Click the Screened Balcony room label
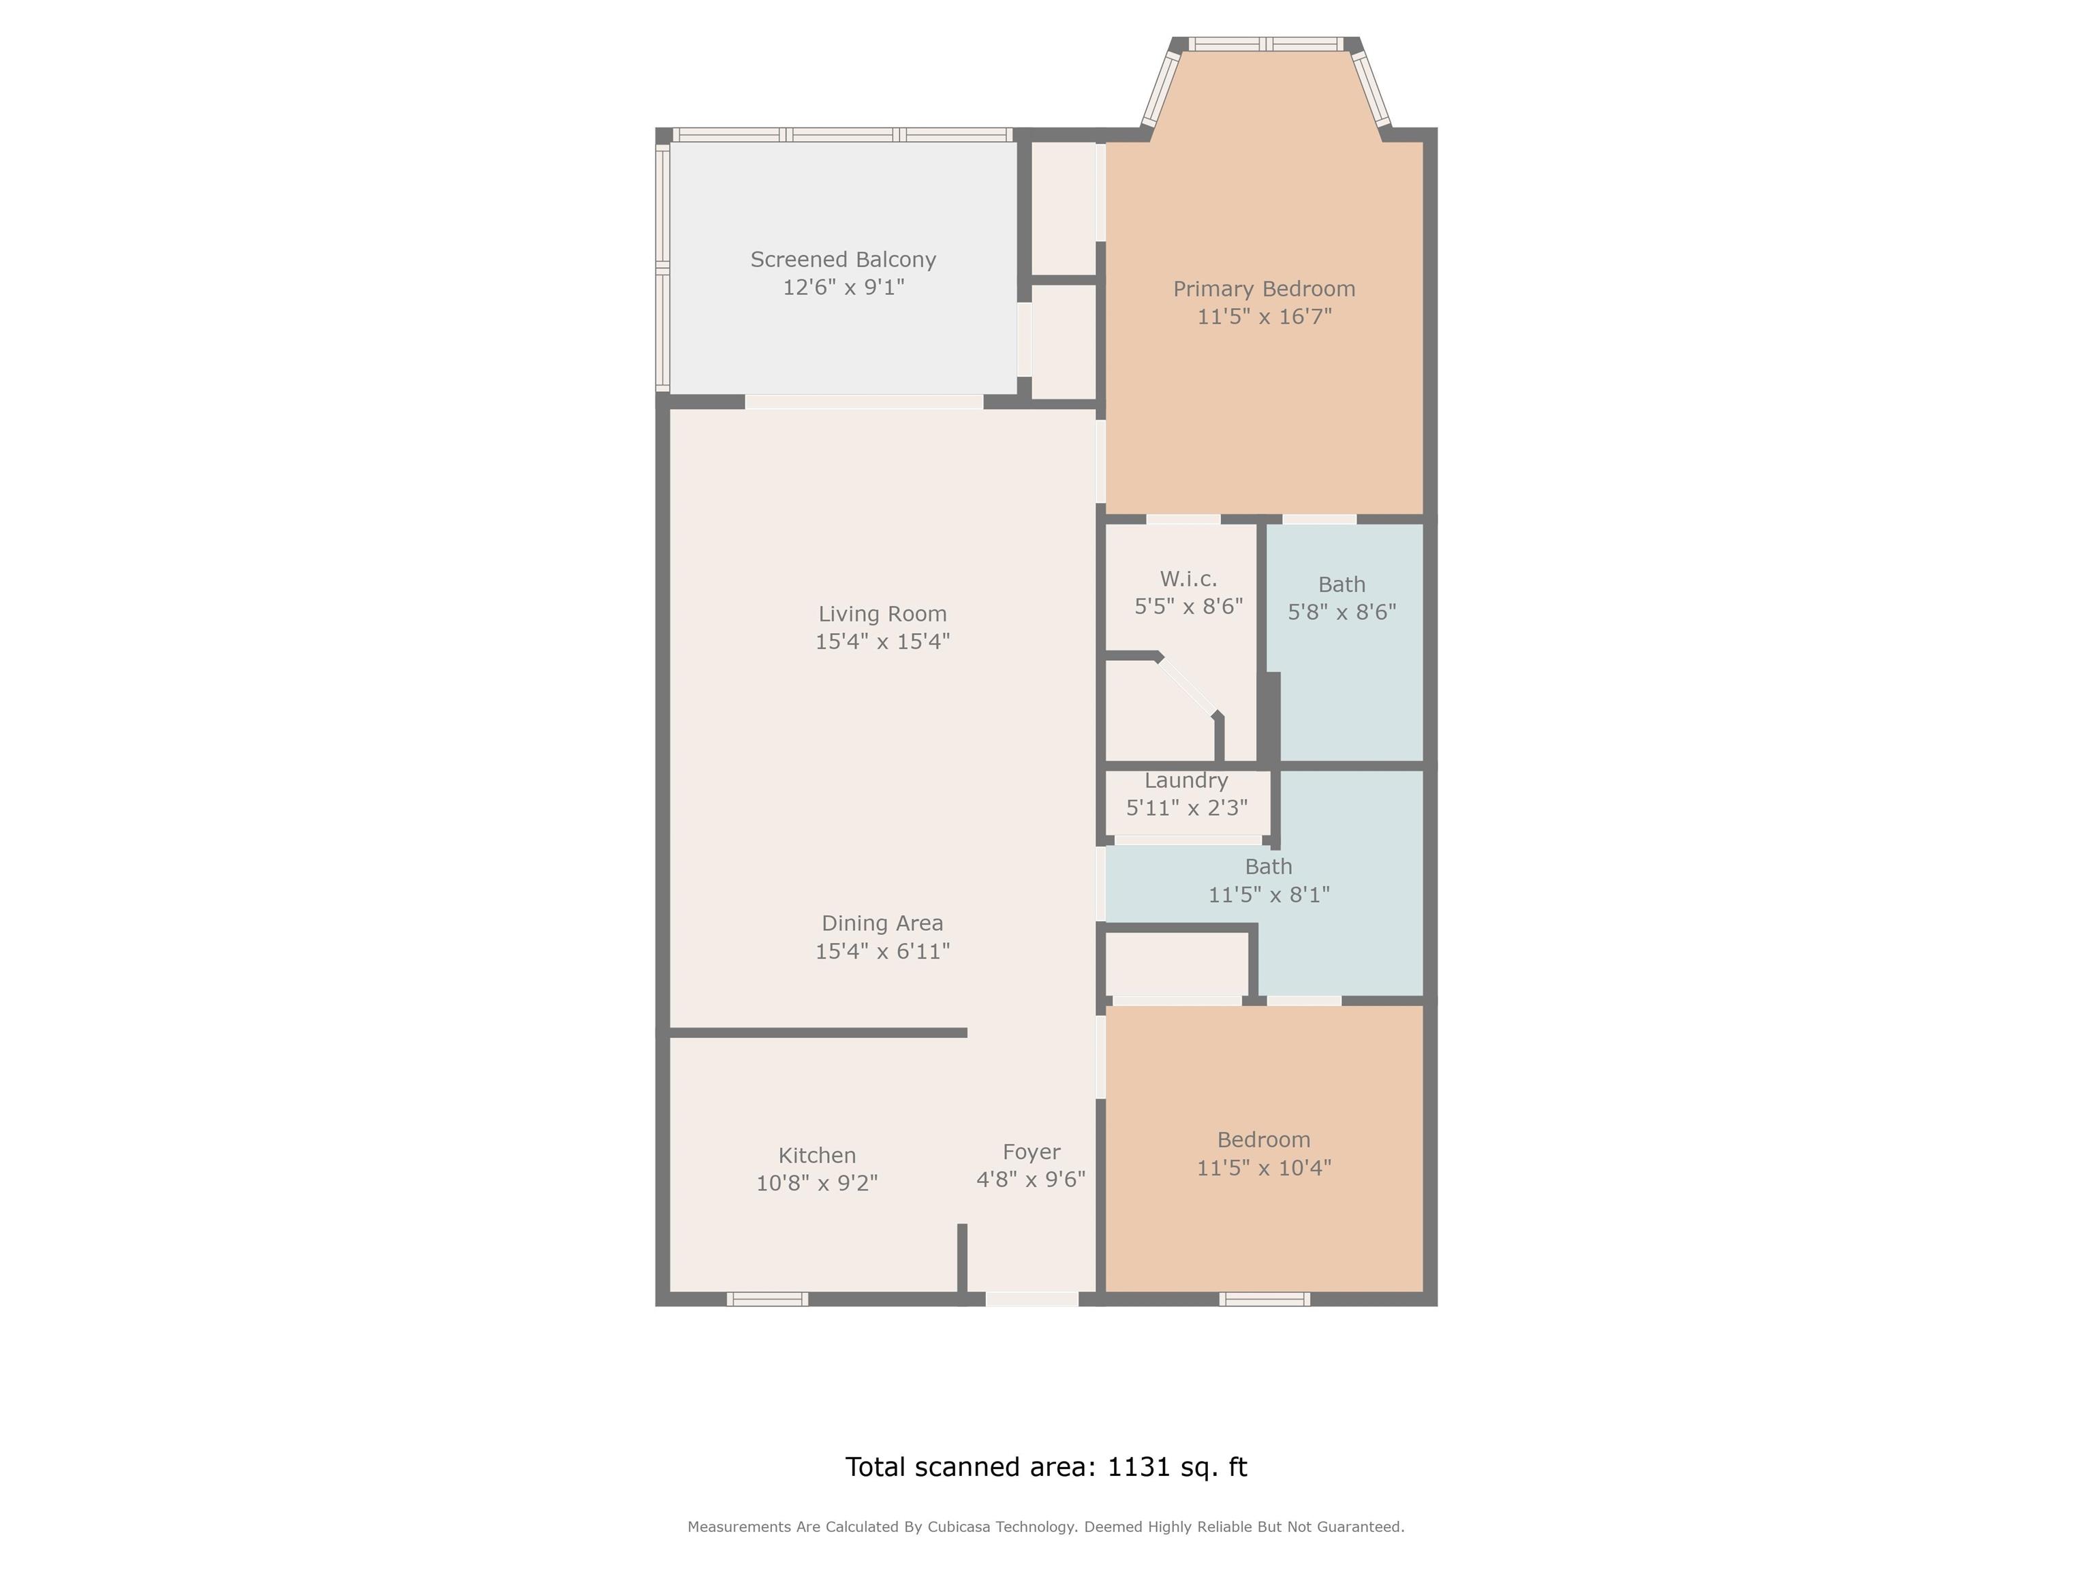click(843, 260)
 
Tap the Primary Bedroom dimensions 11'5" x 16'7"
click(1264, 316)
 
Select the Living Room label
click(882, 614)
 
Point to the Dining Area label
click(882, 923)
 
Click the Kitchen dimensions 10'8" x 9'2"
click(817, 1183)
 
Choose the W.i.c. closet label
click(1188, 579)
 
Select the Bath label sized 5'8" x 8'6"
click(1342, 585)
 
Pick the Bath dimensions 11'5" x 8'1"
click(1269, 894)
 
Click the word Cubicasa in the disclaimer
click(959, 1526)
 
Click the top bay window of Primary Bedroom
click(1265, 44)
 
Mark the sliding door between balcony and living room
click(864, 402)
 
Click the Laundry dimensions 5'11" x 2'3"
click(1187, 808)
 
